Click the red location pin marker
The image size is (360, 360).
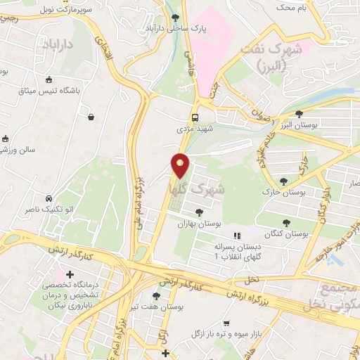[x=181, y=165]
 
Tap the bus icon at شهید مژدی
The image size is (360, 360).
[x=195, y=118]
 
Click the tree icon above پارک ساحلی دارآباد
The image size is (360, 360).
[x=175, y=18]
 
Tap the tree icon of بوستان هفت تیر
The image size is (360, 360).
[x=156, y=296]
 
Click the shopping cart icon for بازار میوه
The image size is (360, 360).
[x=226, y=324]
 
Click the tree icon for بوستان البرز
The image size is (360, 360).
[x=299, y=113]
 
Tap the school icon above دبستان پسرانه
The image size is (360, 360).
[x=237, y=235]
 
